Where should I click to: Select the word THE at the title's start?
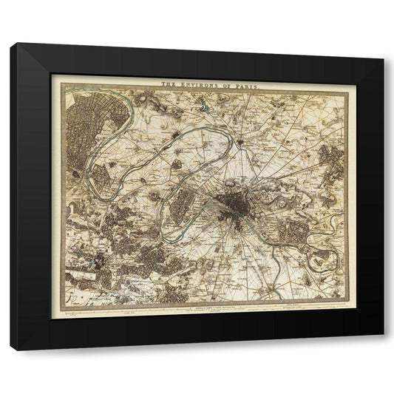tap(169, 84)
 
